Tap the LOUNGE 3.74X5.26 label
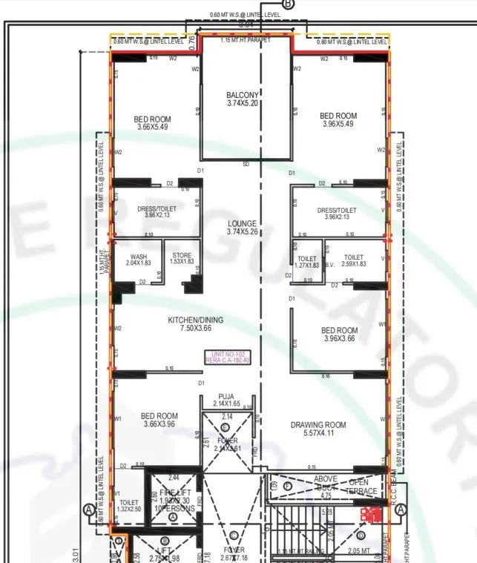click(242, 228)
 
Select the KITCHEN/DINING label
click(195, 324)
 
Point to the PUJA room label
click(227, 400)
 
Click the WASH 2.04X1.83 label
click(138, 259)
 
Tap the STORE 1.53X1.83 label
click(182, 259)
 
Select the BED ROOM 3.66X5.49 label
click(153, 123)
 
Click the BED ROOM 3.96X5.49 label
click(338, 120)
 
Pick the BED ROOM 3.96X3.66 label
click(339, 335)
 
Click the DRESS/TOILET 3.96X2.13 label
click(340, 214)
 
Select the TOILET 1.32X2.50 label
click(128, 506)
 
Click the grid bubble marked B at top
click(288, 4)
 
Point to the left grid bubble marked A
click(89, 510)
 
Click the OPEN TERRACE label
click(363, 487)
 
